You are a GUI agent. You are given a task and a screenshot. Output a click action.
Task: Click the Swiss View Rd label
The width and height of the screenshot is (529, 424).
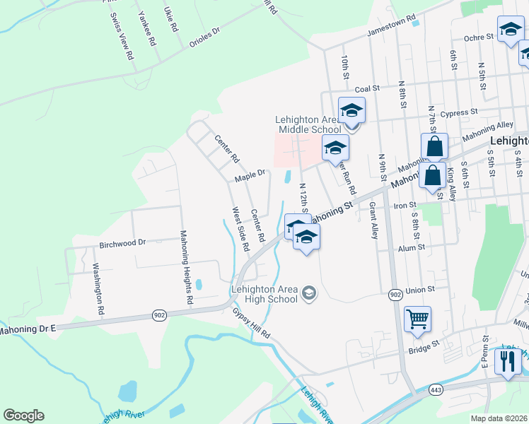tap(120, 36)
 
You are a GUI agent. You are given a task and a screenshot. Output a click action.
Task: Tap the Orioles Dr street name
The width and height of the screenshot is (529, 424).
tap(205, 37)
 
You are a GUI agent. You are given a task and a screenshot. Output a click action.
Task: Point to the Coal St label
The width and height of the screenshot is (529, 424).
tap(368, 89)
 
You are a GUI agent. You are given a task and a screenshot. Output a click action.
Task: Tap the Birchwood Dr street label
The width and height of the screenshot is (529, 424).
tap(122, 242)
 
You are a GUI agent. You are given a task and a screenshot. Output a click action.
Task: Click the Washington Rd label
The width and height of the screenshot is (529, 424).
tap(98, 289)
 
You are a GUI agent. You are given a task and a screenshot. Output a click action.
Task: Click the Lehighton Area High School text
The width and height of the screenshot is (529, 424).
tap(264, 294)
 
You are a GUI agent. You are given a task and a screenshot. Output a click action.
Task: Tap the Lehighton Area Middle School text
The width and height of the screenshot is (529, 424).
tap(308, 124)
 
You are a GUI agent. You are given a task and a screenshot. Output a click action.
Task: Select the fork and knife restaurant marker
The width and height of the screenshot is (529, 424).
tap(507, 361)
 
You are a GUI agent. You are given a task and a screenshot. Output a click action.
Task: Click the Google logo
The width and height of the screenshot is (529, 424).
tap(23, 416)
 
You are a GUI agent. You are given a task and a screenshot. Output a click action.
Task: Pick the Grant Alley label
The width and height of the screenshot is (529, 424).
tap(372, 220)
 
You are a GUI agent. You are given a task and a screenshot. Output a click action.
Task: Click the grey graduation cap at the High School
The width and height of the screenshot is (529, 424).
tap(308, 293)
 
